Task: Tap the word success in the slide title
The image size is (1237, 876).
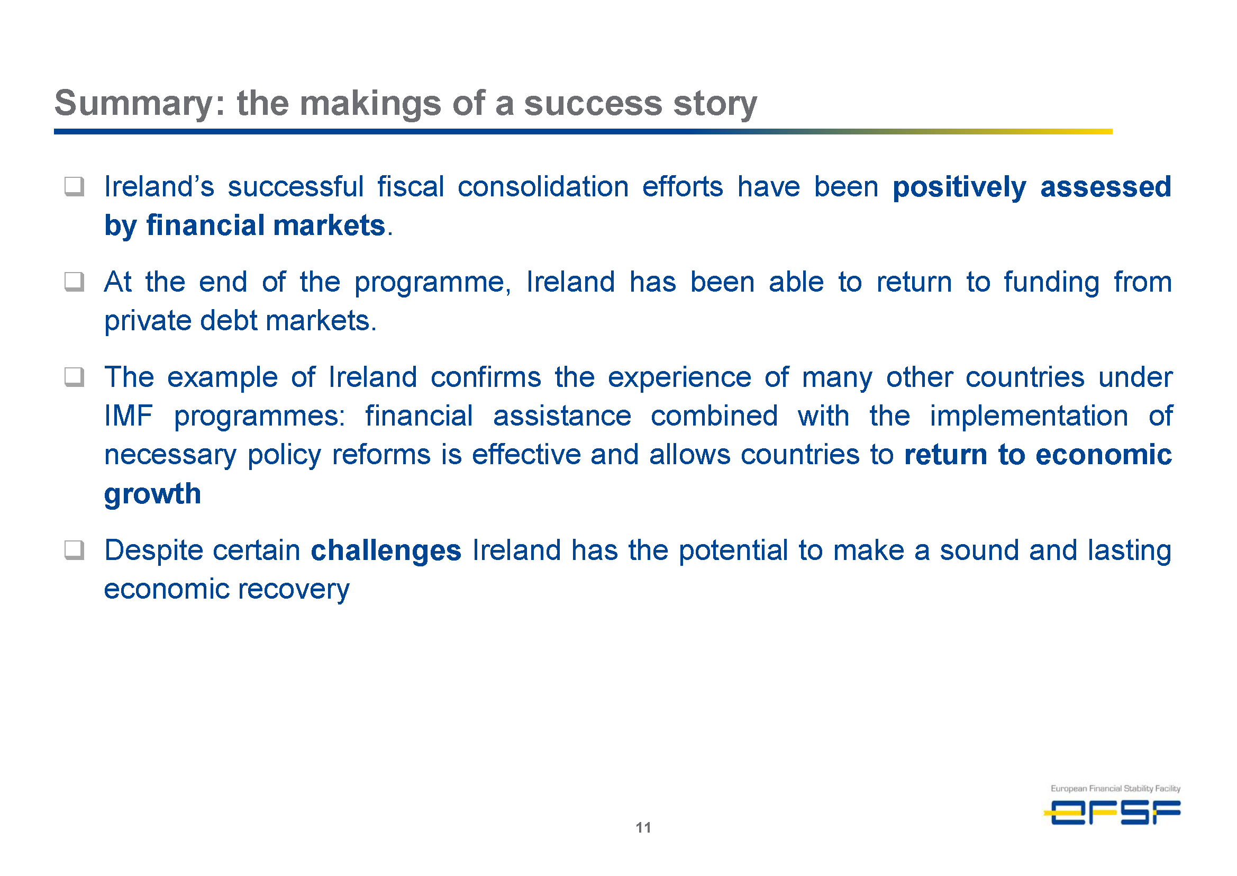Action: tap(593, 103)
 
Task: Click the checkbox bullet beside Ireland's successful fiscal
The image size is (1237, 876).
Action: tap(75, 187)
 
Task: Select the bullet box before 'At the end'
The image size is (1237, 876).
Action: tap(75, 282)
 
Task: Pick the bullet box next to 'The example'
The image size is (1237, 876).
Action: tap(75, 377)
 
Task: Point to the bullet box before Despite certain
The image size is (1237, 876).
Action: tap(75, 550)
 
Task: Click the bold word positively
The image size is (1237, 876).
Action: tap(959, 188)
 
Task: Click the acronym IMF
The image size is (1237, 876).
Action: tap(129, 416)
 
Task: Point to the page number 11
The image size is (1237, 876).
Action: tap(643, 827)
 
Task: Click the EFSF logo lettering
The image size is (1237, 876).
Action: tap(1113, 812)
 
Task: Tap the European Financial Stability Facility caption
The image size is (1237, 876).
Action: tap(1115, 788)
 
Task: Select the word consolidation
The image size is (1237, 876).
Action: tap(543, 187)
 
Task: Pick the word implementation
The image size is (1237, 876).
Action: tap(1029, 417)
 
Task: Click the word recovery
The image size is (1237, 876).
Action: tap(293, 590)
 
